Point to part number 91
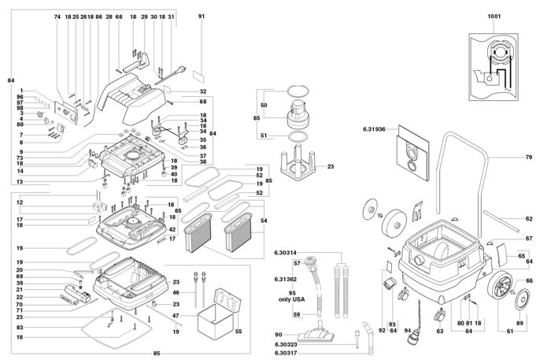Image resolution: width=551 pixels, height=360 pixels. pyautogui.click(x=202, y=17)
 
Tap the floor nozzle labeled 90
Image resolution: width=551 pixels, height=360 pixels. pyautogui.click(x=323, y=333)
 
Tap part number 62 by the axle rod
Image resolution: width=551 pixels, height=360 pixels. pyautogui.click(x=528, y=219)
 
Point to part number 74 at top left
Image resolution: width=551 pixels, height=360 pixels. pyautogui.click(x=57, y=17)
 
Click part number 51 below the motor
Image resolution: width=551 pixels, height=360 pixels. pyautogui.click(x=264, y=135)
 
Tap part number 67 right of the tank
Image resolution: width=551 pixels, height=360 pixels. pyautogui.click(x=528, y=238)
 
